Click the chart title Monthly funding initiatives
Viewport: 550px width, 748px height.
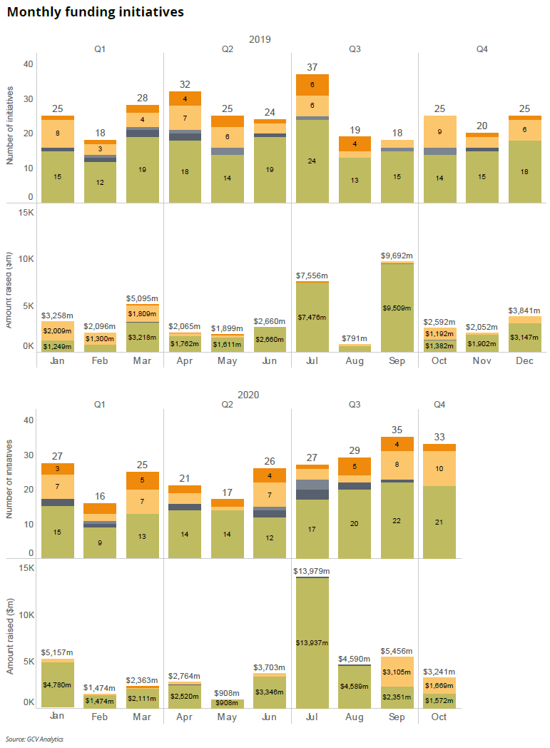coord(95,12)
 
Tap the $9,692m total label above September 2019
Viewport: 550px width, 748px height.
coord(397,255)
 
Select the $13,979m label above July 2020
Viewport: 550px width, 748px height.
coord(312,570)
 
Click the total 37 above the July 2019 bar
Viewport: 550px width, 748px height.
coord(312,67)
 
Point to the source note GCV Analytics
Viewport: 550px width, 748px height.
coord(34,739)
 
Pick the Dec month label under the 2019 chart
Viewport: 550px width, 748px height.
coord(524,360)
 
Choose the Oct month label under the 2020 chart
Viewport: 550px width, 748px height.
coord(439,717)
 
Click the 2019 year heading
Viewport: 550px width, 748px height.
coord(260,39)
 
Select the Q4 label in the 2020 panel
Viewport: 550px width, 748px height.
coord(439,405)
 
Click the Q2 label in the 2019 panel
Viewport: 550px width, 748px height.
coord(228,49)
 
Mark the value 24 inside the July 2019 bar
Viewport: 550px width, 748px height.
coord(312,161)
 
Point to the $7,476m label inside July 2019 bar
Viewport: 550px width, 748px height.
coord(312,317)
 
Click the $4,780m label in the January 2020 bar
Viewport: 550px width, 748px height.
coord(58,685)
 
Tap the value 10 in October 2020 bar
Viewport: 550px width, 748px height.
coord(439,468)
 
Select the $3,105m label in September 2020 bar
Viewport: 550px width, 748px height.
coord(397,672)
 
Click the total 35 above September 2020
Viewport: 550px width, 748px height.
coord(397,430)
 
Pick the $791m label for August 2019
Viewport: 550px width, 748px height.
coord(355,338)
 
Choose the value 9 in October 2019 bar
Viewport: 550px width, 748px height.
coord(439,131)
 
